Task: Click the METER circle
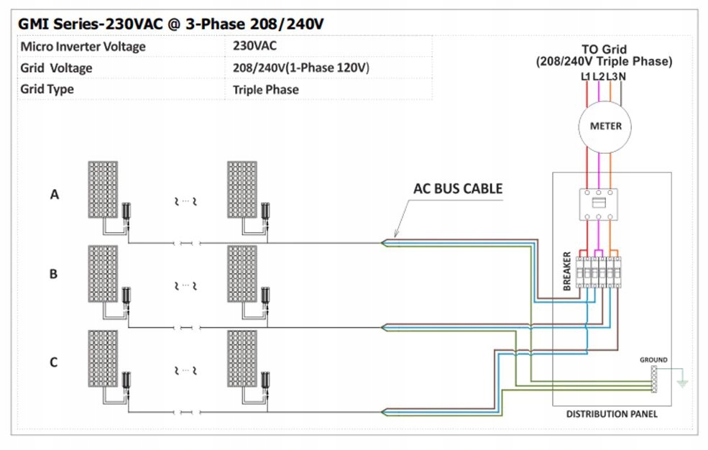click(x=605, y=127)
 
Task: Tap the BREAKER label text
click(x=567, y=272)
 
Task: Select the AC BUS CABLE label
click(x=458, y=189)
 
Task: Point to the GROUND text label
click(x=653, y=359)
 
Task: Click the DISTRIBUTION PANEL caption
click(x=612, y=415)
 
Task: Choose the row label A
click(x=54, y=194)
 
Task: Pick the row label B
click(x=53, y=274)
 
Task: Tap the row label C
click(x=53, y=362)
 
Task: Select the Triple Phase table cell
click(x=266, y=90)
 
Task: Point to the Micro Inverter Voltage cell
click(x=83, y=46)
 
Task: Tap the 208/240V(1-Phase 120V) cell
click(x=301, y=68)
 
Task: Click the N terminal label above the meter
click(x=622, y=76)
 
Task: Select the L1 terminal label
click(x=585, y=76)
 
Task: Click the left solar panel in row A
click(x=104, y=189)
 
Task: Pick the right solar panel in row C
click(x=242, y=357)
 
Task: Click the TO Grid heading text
click(x=604, y=50)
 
